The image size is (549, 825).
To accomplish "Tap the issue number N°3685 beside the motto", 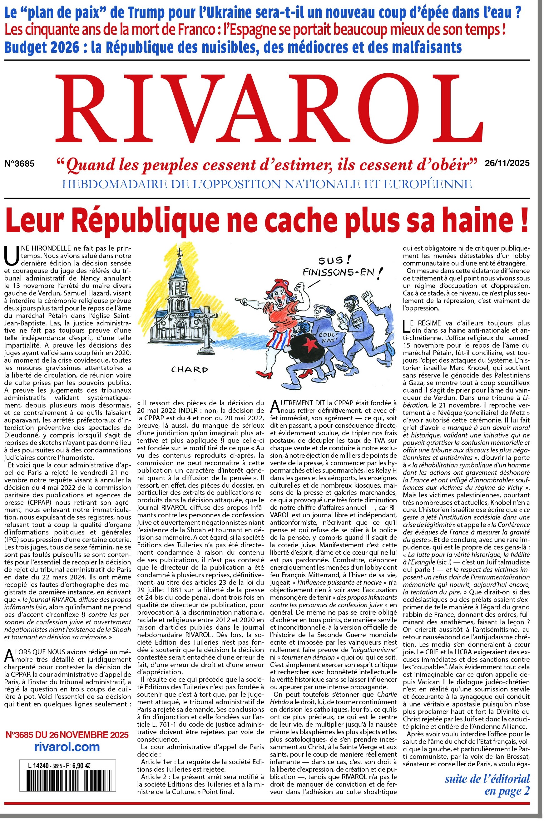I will (19, 164).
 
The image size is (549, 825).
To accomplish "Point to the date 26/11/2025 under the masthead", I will (507, 163).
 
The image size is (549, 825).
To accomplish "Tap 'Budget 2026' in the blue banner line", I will (42, 47).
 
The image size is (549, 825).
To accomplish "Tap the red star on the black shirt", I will (310, 345).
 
